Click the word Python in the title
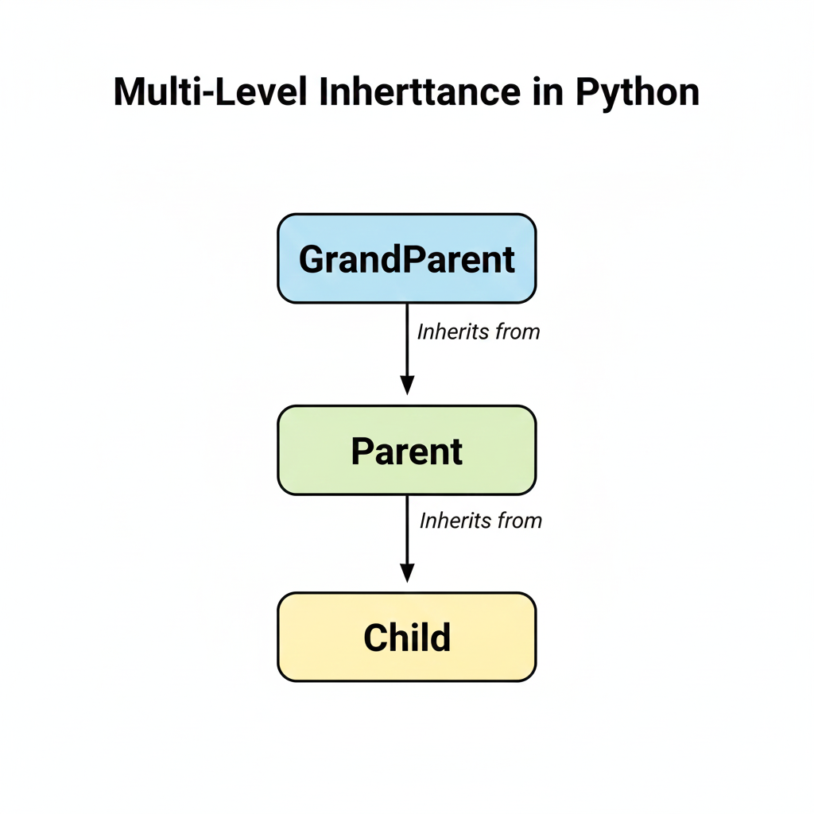[638, 93]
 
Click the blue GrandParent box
[406, 258]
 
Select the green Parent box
[406, 450]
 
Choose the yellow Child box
[406, 637]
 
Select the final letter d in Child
[440, 638]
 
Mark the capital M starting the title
[129, 93]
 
